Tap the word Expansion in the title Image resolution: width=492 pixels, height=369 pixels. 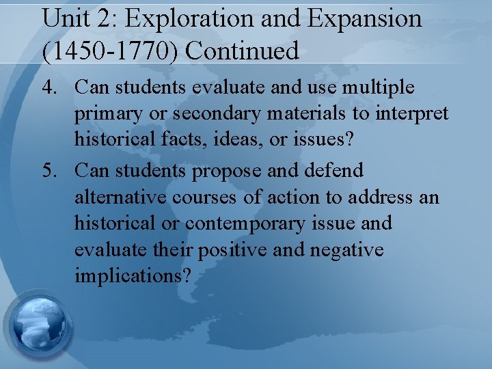366,19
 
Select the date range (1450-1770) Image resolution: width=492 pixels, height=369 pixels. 109,50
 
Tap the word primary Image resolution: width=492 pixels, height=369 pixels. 109,114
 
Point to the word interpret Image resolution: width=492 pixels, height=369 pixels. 415,114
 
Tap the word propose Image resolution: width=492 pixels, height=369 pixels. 226,170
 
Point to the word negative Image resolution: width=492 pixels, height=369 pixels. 346,250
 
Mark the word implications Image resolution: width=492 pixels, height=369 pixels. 134,277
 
